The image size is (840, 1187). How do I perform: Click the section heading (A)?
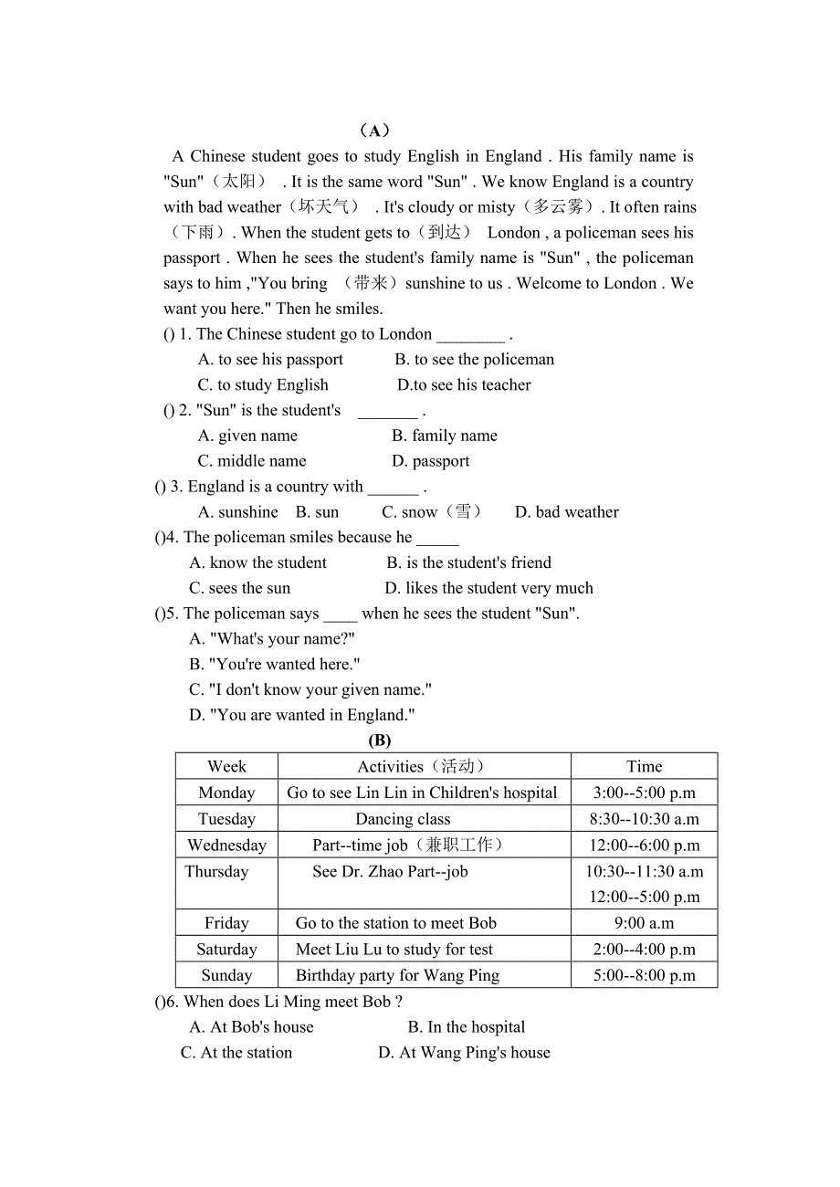click(x=375, y=131)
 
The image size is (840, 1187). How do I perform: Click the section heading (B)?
click(x=379, y=741)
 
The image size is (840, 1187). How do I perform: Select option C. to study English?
click(x=263, y=384)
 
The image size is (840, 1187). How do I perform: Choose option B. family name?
click(x=445, y=436)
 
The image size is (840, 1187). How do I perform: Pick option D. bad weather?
click(x=566, y=512)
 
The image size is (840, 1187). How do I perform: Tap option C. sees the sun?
click(x=239, y=588)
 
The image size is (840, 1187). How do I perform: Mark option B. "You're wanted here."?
click(x=275, y=665)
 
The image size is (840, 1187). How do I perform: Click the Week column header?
click(x=226, y=766)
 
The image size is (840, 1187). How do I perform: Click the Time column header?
click(x=644, y=766)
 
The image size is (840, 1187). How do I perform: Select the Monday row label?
click(x=226, y=793)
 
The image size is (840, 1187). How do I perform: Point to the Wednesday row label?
click(x=226, y=846)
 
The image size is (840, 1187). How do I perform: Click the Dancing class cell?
click(x=403, y=819)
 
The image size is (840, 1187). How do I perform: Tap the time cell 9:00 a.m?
click(x=644, y=923)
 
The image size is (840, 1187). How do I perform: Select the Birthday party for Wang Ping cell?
click(x=397, y=975)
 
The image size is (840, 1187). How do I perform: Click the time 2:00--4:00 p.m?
click(x=644, y=950)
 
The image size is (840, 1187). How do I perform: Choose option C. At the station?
click(x=236, y=1053)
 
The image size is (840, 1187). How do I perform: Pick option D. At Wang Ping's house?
click(x=464, y=1053)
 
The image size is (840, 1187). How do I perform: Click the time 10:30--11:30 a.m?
click(x=644, y=872)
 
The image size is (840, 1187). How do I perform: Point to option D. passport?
click(x=431, y=461)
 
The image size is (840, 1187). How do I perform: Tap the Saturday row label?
click(x=226, y=950)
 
